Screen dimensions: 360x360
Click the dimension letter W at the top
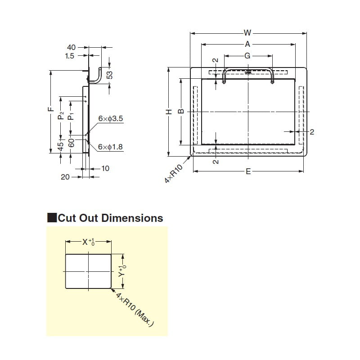pos(247,32)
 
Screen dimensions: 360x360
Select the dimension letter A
pos(247,44)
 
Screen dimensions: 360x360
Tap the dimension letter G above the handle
pos(247,56)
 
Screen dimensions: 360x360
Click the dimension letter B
pos(180,112)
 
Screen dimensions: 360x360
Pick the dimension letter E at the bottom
pos(248,171)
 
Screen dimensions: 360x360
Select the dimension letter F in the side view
pos(51,109)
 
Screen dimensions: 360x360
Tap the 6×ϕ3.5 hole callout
pos(111,119)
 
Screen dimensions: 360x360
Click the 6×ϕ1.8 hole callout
pos(111,147)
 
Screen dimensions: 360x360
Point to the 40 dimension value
pos(71,47)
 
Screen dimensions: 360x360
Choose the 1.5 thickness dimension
pos(70,56)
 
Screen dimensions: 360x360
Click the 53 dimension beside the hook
pos(109,75)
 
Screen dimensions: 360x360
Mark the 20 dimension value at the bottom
pos(65,177)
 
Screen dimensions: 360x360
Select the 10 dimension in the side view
pos(105,168)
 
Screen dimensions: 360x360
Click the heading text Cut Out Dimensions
pos(110,218)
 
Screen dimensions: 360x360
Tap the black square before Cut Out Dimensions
pos(52,218)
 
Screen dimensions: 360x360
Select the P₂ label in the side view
pos(61,116)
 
